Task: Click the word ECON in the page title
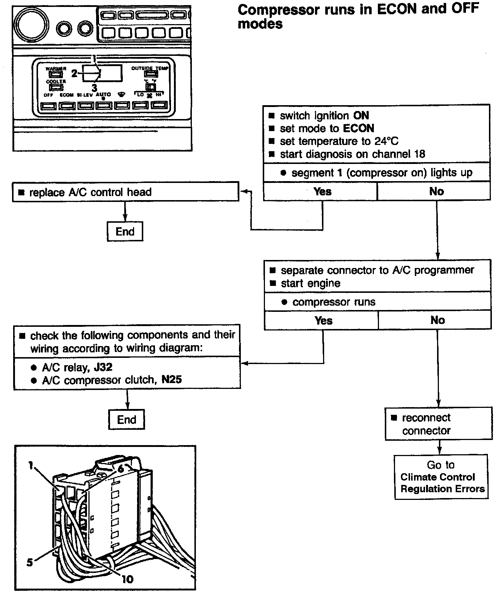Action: coord(397,9)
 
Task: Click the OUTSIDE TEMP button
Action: coord(149,74)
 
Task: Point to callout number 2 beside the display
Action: coord(74,74)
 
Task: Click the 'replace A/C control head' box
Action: coord(125,192)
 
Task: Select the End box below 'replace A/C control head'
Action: coord(125,232)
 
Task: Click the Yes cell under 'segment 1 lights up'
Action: coord(322,192)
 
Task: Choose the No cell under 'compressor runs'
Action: coord(437,321)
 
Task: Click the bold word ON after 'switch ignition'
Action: coord(361,116)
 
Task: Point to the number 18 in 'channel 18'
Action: coord(420,154)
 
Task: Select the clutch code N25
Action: coord(171,380)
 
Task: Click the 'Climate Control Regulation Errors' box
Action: coord(441,477)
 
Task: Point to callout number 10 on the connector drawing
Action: coord(128,579)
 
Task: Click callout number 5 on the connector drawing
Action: coord(30,562)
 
